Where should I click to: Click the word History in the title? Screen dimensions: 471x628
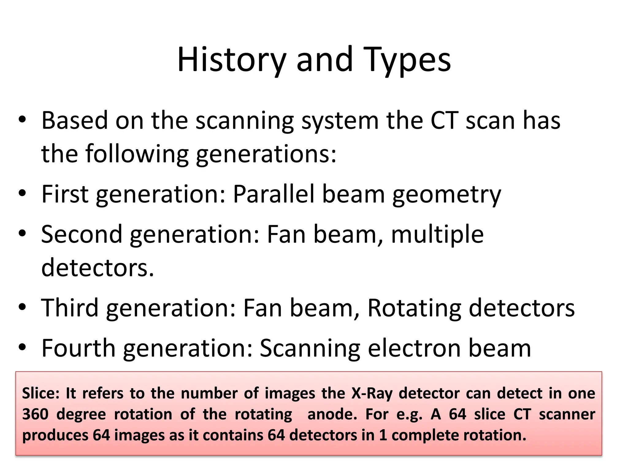(232, 60)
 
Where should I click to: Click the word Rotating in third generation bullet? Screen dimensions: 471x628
(414, 308)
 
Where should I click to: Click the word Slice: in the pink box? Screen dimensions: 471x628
(40, 393)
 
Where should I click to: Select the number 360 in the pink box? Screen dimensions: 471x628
(35, 414)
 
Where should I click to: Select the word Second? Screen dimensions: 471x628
(82, 234)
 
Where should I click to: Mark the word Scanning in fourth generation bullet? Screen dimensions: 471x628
(310, 349)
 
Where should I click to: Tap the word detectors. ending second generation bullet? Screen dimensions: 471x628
(98, 267)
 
